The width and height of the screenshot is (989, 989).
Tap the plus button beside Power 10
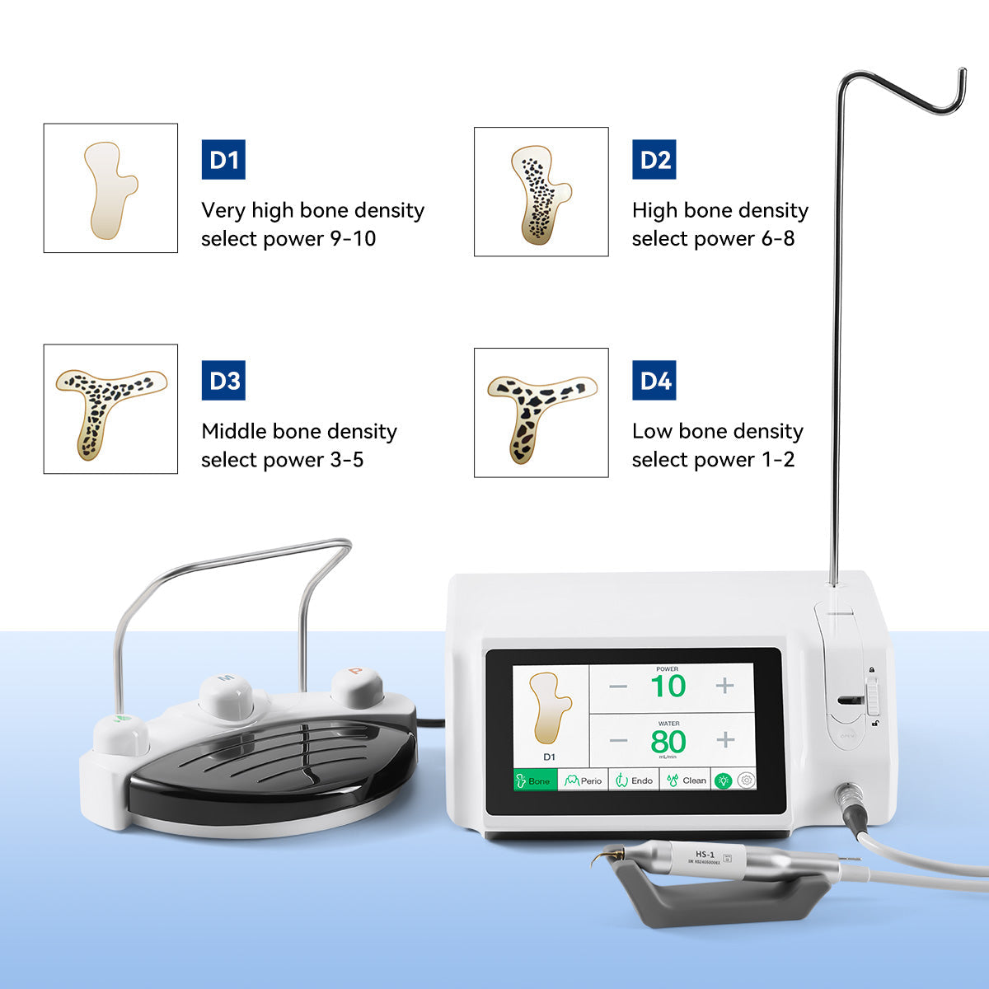[x=725, y=686]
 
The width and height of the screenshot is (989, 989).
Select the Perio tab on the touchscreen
[x=584, y=780]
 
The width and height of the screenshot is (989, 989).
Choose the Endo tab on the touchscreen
[x=634, y=780]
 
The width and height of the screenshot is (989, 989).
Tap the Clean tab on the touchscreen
[x=686, y=780]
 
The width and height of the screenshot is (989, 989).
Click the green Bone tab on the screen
[x=534, y=780]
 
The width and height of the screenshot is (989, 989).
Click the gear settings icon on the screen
[x=747, y=780]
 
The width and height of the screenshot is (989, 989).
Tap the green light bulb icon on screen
[x=724, y=780]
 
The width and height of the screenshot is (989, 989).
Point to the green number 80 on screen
[x=668, y=742]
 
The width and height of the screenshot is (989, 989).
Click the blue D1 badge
[x=223, y=159]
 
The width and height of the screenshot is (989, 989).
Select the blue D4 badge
[x=654, y=381]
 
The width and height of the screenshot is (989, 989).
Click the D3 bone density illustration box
[x=110, y=409]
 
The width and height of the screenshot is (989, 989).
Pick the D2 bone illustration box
[x=541, y=191]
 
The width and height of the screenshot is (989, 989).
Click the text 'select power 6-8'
[x=713, y=239]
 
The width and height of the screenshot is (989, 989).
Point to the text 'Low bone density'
[x=717, y=431]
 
